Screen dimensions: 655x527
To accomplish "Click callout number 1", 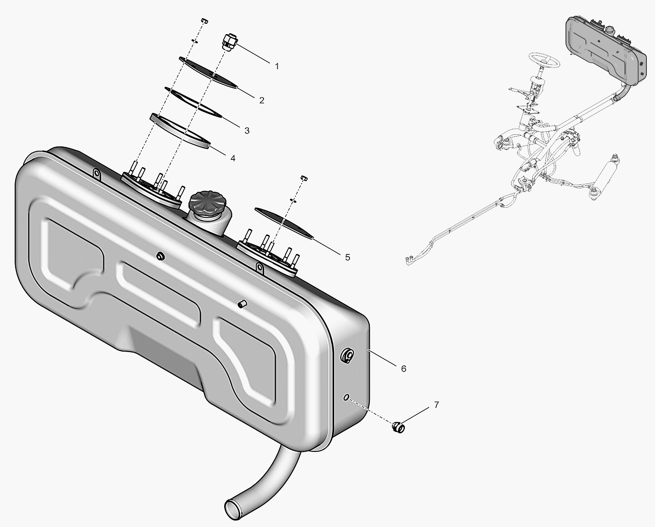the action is [x=277, y=67].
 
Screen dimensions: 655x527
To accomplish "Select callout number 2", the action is [x=262, y=100].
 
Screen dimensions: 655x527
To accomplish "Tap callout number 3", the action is [x=247, y=130].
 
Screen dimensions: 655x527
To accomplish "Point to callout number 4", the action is [x=233, y=158].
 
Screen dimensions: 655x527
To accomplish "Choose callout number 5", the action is [x=347, y=257].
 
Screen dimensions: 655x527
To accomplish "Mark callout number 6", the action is [x=404, y=369].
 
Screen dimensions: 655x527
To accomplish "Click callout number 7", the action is [x=436, y=405].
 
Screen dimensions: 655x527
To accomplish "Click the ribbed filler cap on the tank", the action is [x=204, y=203].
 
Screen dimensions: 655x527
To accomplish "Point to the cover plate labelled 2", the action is [x=209, y=73].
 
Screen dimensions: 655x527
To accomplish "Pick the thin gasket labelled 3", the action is [x=194, y=102].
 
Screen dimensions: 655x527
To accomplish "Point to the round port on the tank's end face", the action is [x=348, y=355].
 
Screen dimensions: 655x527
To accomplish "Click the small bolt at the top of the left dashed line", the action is [x=204, y=20].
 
